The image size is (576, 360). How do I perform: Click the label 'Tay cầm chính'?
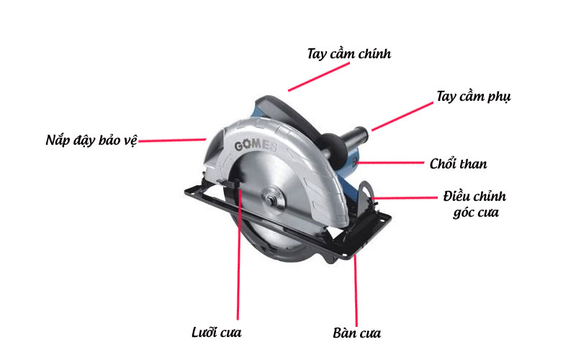[x=348, y=54]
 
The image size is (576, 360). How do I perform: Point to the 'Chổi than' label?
[x=458, y=164]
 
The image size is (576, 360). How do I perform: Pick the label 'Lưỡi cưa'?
[x=217, y=332]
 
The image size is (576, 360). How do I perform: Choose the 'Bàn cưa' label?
[x=357, y=333]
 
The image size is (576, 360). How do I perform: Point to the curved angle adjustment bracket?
[x=368, y=194]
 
